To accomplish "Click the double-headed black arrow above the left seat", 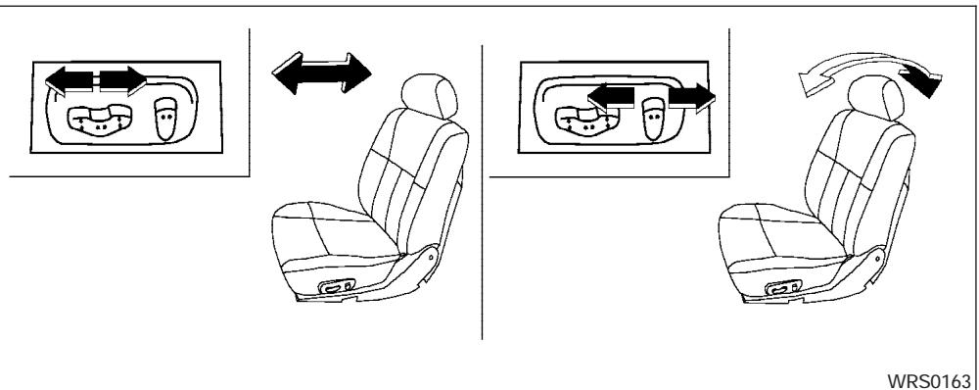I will (x=322, y=74).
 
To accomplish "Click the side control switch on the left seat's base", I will (x=337, y=289).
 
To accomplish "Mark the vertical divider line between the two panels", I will (x=483, y=196).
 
